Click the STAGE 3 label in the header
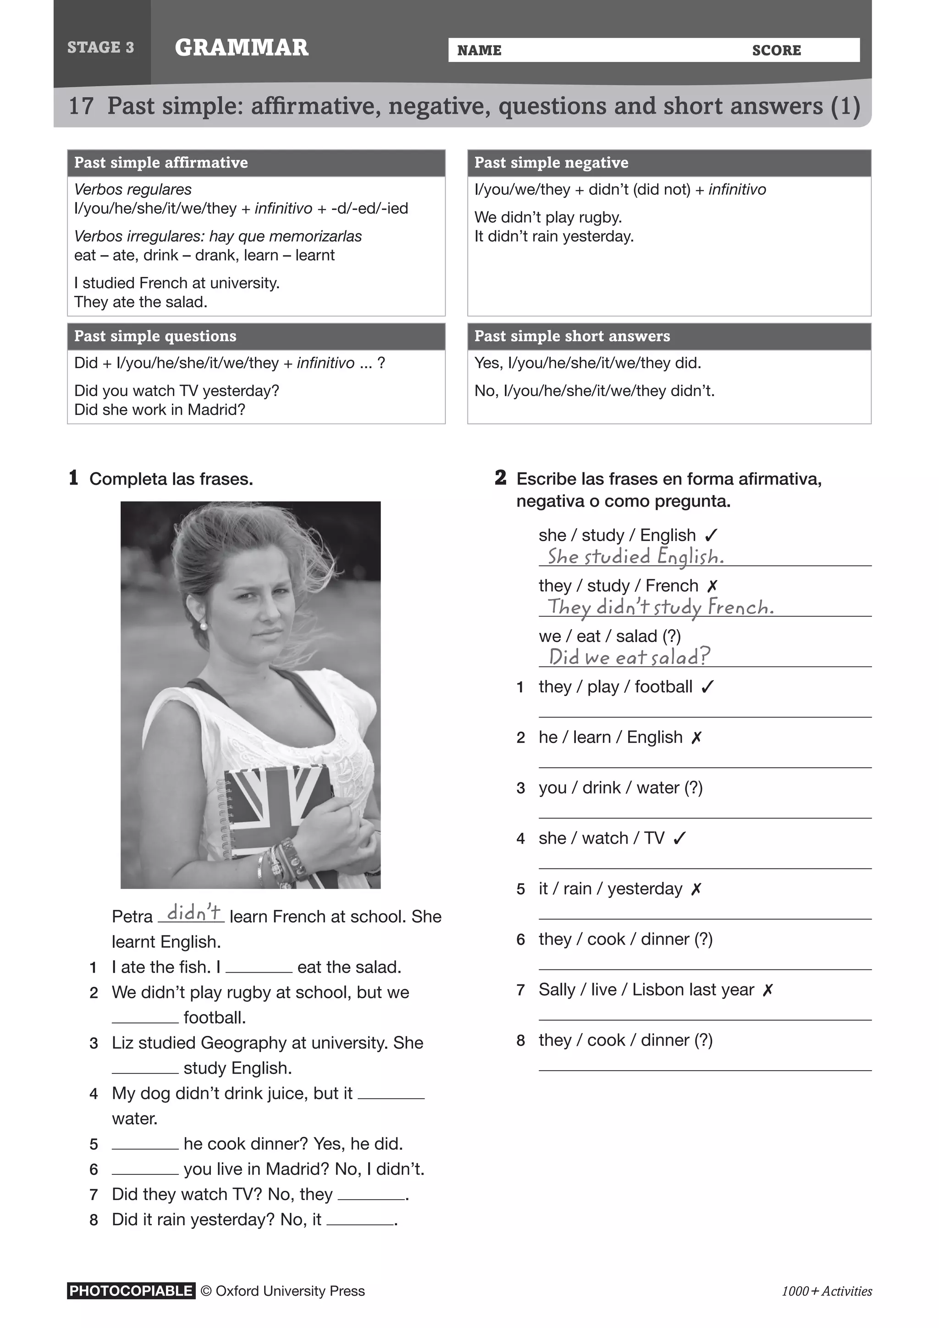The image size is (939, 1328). (100, 47)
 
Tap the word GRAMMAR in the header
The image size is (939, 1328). (242, 47)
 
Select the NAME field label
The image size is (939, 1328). (479, 50)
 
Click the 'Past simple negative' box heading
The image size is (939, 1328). (551, 162)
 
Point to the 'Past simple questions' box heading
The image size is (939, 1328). (155, 336)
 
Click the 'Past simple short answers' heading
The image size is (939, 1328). (572, 336)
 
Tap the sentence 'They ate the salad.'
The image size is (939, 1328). (140, 302)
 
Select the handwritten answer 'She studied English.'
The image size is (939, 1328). (635, 556)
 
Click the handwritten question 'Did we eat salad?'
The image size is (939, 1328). (629, 657)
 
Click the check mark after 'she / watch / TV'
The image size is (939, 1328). (680, 838)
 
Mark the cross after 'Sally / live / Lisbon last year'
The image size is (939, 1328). (767, 990)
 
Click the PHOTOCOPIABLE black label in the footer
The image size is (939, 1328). (131, 1291)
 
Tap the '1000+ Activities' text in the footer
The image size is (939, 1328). (826, 1291)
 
